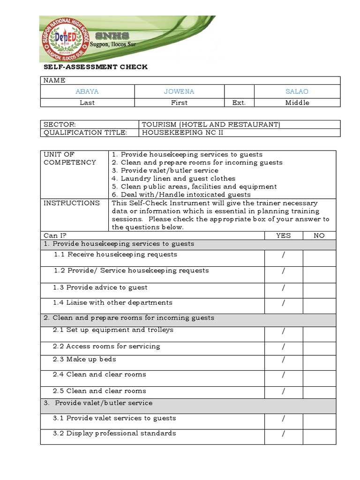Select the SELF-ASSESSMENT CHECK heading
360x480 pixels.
click(95, 67)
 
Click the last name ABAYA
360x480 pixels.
click(87, 91)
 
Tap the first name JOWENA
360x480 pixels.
click(179, 91)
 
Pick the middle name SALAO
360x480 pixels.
click(297, 91)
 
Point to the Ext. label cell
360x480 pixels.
click(239, 103)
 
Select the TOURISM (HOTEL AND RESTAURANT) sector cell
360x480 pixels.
click(211, 124)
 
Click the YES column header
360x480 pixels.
click(283, 235)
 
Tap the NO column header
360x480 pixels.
click(319, 235)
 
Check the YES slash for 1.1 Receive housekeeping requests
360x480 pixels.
click(284, 255)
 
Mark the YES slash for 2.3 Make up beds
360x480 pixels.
click(284, 360)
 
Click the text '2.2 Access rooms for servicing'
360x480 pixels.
click(106, 346)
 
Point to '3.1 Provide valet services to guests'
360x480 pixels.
click(114, 418)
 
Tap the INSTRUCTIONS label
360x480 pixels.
click(72, 203)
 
